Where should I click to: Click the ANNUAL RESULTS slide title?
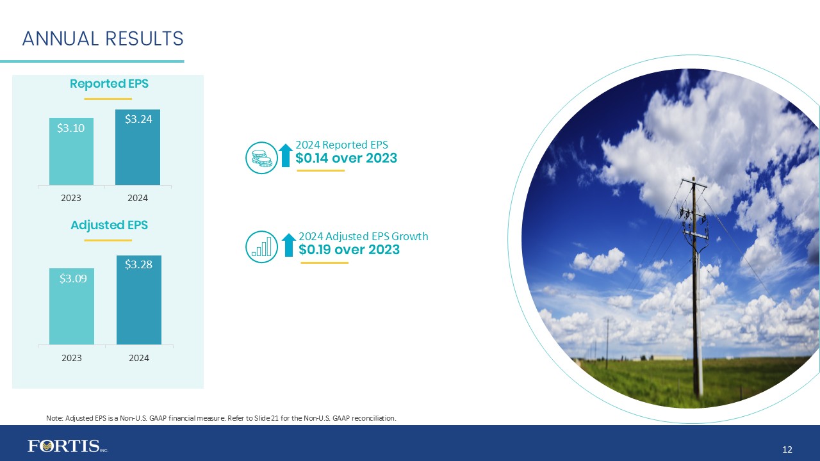pyautogui.click(x=102, y=39)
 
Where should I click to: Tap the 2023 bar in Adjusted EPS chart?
pyautogui.click(x=72, y=307)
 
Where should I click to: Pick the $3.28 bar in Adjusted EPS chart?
pyautogui.click(x=138, y=300)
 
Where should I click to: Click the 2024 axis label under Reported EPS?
pyautogui.click(x=138, y=198)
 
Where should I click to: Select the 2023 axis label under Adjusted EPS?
pyautogui.click(x=72, y=358)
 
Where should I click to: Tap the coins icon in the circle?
pyautogui.click(x=261, y=158)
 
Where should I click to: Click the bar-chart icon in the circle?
pyautogui.click(x=261, y=247)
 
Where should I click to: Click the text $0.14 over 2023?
pyautogui.click(x=346, y=158)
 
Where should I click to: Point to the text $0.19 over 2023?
pyautogui.click(x=349, y=250)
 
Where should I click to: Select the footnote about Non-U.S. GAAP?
pyautogui.click(x=221, y=418)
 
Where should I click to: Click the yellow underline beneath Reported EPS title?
pyautogui.click(x=108, y=99)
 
